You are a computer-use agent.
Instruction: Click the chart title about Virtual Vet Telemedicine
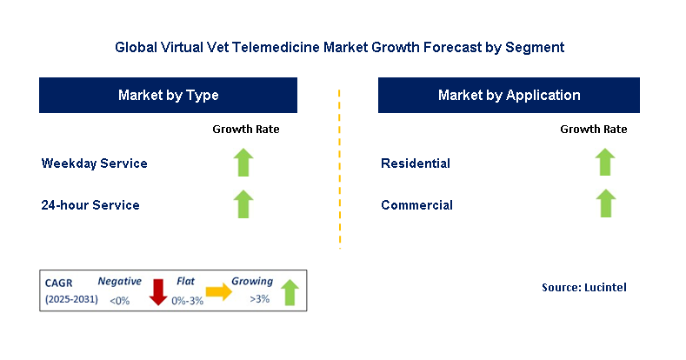[x=343, y=47]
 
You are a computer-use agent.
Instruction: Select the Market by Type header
[x=169, y=95]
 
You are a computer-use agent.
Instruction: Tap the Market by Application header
[x=509, y=95]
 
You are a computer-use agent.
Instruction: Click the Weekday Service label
[x=94, y=163]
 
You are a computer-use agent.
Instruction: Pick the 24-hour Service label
[x=90, y=205]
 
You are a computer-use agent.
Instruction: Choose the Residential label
[x=416, y=163]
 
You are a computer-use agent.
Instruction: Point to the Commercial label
[x=416, y=205]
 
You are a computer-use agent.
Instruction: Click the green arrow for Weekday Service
[x=244, y=163]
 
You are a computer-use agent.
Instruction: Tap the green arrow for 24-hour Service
[x=244, y=204]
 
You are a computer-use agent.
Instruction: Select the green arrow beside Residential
[x=604, y=163]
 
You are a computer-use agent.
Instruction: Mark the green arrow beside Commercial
[x=604, y=204]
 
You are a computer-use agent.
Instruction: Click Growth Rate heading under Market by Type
[x=246, y=130]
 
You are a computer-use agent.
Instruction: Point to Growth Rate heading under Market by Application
[x=594, y=130]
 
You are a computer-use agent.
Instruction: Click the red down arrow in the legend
[x=157, y=291]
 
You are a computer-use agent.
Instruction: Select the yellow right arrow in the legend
[x=218, y=293]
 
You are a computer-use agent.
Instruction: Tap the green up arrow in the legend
[x=289, y=292]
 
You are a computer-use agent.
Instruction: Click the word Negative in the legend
[x=119, y=282]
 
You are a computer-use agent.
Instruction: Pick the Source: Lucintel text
[x=583, y=287]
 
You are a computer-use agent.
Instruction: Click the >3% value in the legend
[x=259, y=300]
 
